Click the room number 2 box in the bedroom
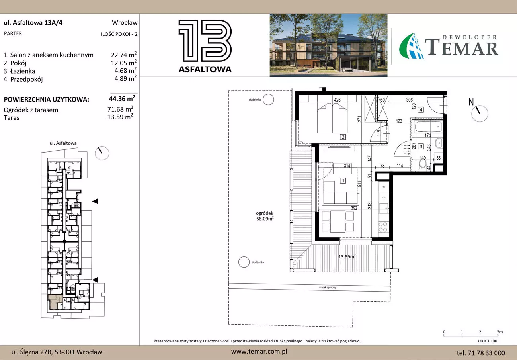click(343, 137)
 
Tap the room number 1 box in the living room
click(343, 180)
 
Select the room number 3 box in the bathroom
click(421, 147)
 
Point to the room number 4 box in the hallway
click(421, 110)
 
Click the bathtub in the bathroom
click(429, 127)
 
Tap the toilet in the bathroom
click(423, 166)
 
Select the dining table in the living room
click(338, 221)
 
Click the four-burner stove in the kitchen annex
click(383, 227)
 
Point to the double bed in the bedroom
click(332, 118)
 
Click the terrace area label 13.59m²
click(347, 256)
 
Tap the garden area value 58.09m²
click(265, 219)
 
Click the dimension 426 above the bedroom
click(337, 100)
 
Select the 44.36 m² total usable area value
click(122, 99)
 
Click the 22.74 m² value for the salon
click(124, 55)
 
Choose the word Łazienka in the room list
click(23, 71)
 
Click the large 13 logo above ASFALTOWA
click(205, 41)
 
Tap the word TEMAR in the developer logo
click(461, 47)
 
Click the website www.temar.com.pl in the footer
click(259, 352)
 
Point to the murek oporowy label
click(328, 287)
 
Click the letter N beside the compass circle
click(471, 102)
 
